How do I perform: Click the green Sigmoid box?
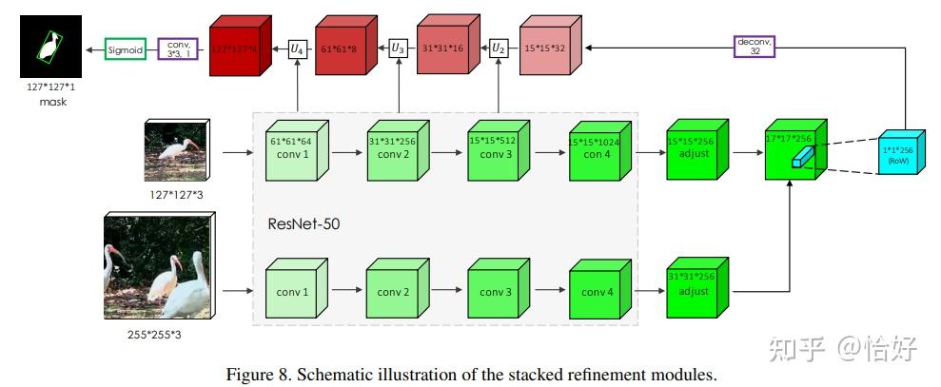tap(126, 48)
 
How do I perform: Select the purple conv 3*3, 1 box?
tap(177, 48)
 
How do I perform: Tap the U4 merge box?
tap(298, 47)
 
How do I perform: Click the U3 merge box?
tap(399, 47)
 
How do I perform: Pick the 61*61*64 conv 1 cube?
tap(291, 152)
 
